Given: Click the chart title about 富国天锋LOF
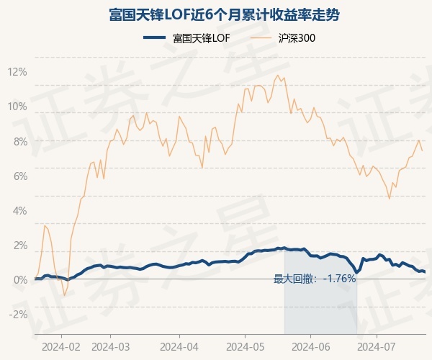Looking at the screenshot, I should click(x=216, y=15).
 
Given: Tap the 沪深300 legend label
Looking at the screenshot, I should click(x=297, y=38).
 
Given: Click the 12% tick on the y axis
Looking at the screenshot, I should click(x=17, y=72).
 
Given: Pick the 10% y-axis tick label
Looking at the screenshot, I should click(x=17, y=107).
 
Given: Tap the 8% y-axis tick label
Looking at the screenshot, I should click(x=19, y=141).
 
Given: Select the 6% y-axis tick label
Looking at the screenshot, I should click(x=19, y=176).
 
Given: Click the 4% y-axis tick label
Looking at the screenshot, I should click(x=19, y=210).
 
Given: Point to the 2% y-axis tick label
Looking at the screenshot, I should click(x=19, y=245).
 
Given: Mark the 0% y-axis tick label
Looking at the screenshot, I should click(x=19, y=279).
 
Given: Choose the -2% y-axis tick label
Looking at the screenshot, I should click(x=17, y=314).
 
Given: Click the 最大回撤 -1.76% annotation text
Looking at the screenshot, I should click(x=315, y=279).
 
